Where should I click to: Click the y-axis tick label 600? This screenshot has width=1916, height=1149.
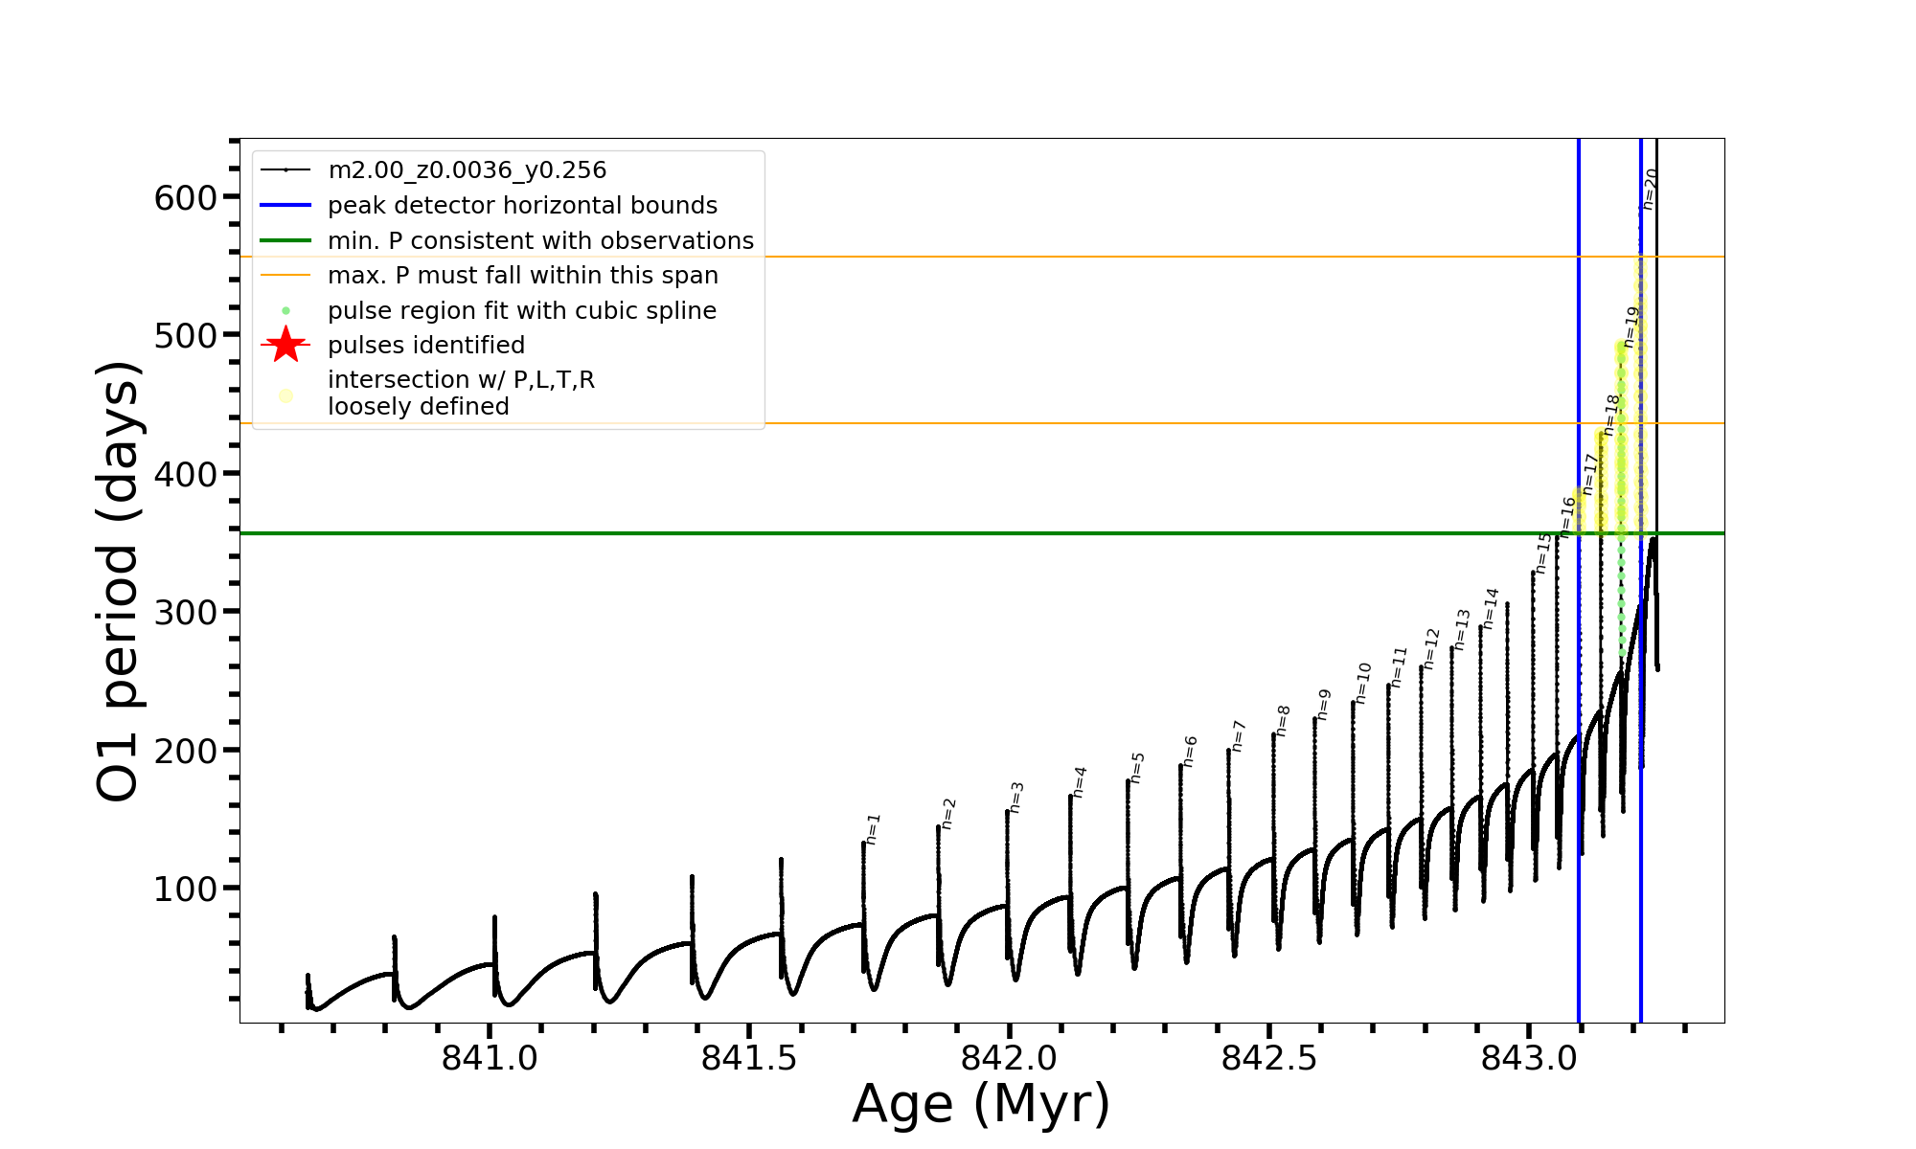pos(186,198)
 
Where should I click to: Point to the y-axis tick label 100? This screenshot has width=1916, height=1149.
pos(186,890)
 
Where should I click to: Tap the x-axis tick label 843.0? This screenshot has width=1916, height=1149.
pos(1529,1058)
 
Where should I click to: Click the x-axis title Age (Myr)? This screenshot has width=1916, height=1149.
pos(981,1104)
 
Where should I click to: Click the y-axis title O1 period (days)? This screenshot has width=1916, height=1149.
pos(119,581)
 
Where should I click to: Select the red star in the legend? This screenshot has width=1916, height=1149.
pos(285,345)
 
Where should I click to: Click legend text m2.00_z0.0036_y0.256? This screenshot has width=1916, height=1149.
pos(467,170)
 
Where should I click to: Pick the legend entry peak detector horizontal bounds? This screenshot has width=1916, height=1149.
pos(522,206)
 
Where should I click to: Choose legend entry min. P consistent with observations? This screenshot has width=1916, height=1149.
pos(540,240)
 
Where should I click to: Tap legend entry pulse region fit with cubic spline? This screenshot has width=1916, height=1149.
pos(521,311)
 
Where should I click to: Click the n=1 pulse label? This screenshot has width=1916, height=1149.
pos(873,829)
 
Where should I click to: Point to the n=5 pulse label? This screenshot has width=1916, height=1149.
pos(1137,768)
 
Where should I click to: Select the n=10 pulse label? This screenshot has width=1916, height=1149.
pos(1363,684)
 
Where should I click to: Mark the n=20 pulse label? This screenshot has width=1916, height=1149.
pos(1650,189)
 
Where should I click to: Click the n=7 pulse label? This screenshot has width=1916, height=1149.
pos(1238,736)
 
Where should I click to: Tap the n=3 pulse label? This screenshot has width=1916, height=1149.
pos(1016,798)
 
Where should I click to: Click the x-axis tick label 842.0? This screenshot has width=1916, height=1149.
pos(1009,1058)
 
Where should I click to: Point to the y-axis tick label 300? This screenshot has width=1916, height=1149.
pos(186,613)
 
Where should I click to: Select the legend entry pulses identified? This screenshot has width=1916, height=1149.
pos(425,345)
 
